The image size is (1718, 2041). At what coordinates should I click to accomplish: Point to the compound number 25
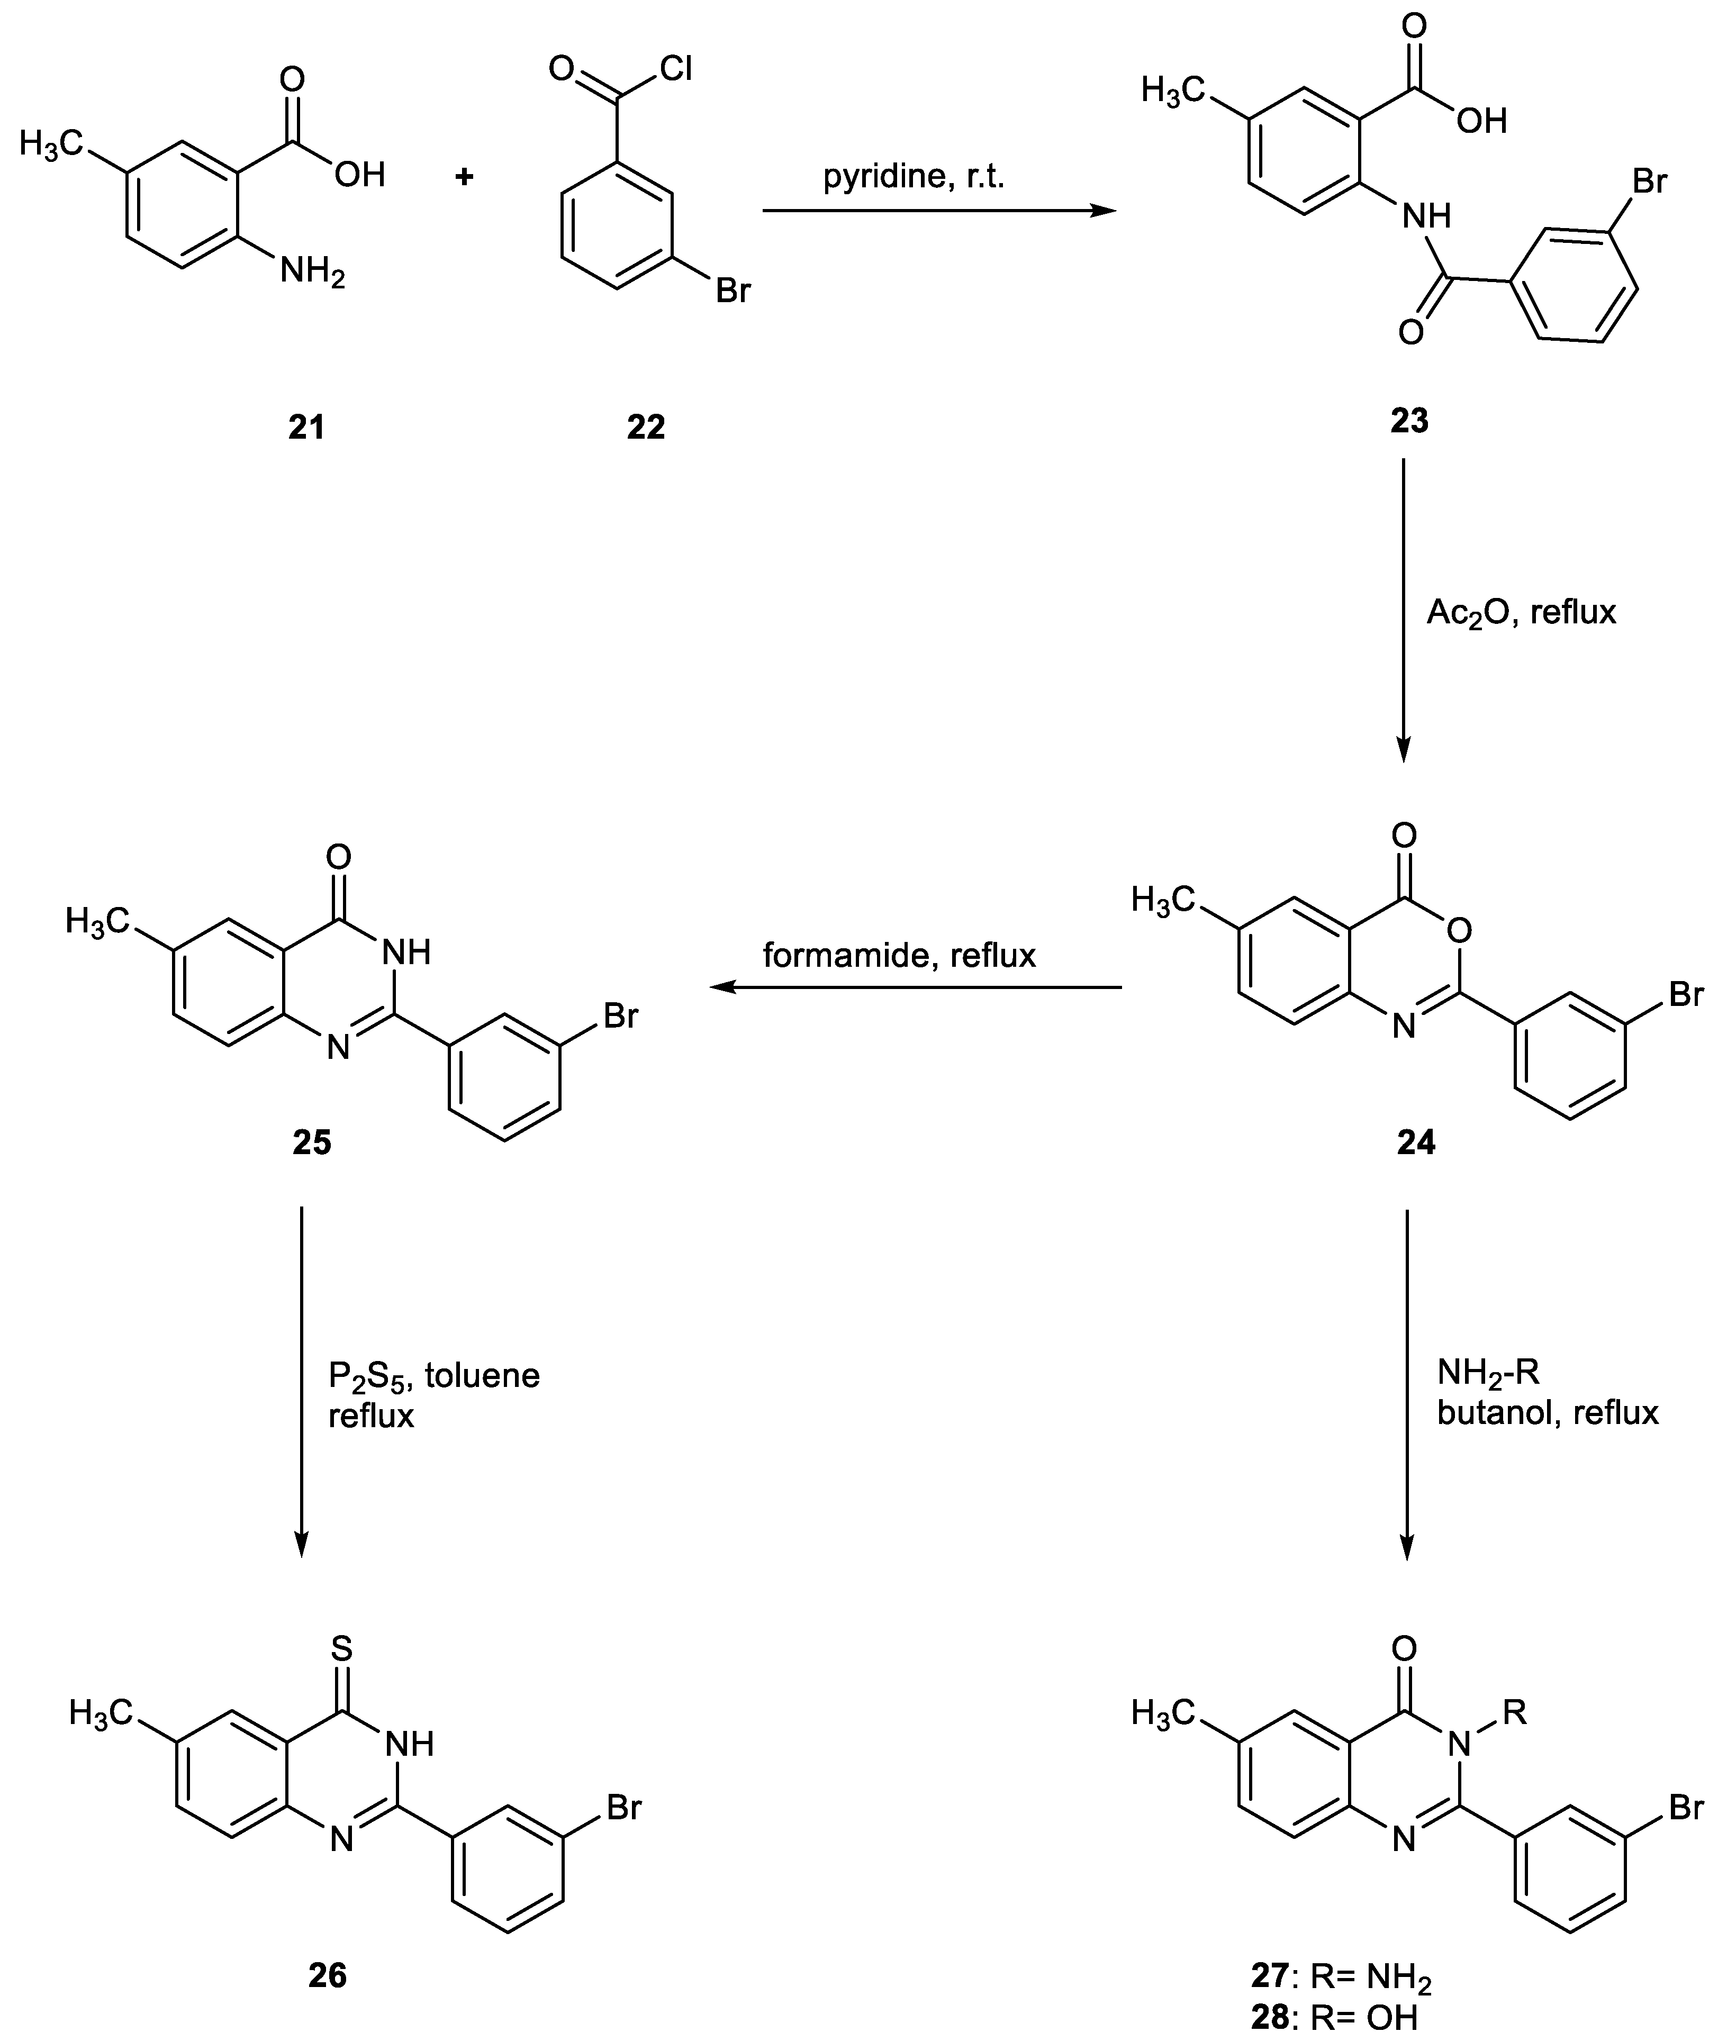pos(312,1141)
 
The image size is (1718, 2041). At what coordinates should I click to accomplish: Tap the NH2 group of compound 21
pos(312,271)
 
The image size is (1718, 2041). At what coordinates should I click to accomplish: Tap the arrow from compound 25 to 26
pos(301,1383)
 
